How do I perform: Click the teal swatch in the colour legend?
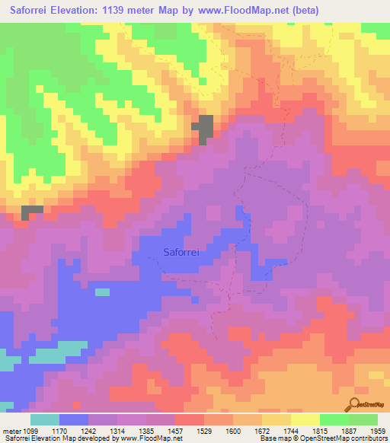point(45,419)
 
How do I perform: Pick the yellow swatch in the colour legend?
point(305,419)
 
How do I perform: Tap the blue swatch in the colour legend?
point(74,419)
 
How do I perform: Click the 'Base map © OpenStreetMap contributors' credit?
point(321,438)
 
